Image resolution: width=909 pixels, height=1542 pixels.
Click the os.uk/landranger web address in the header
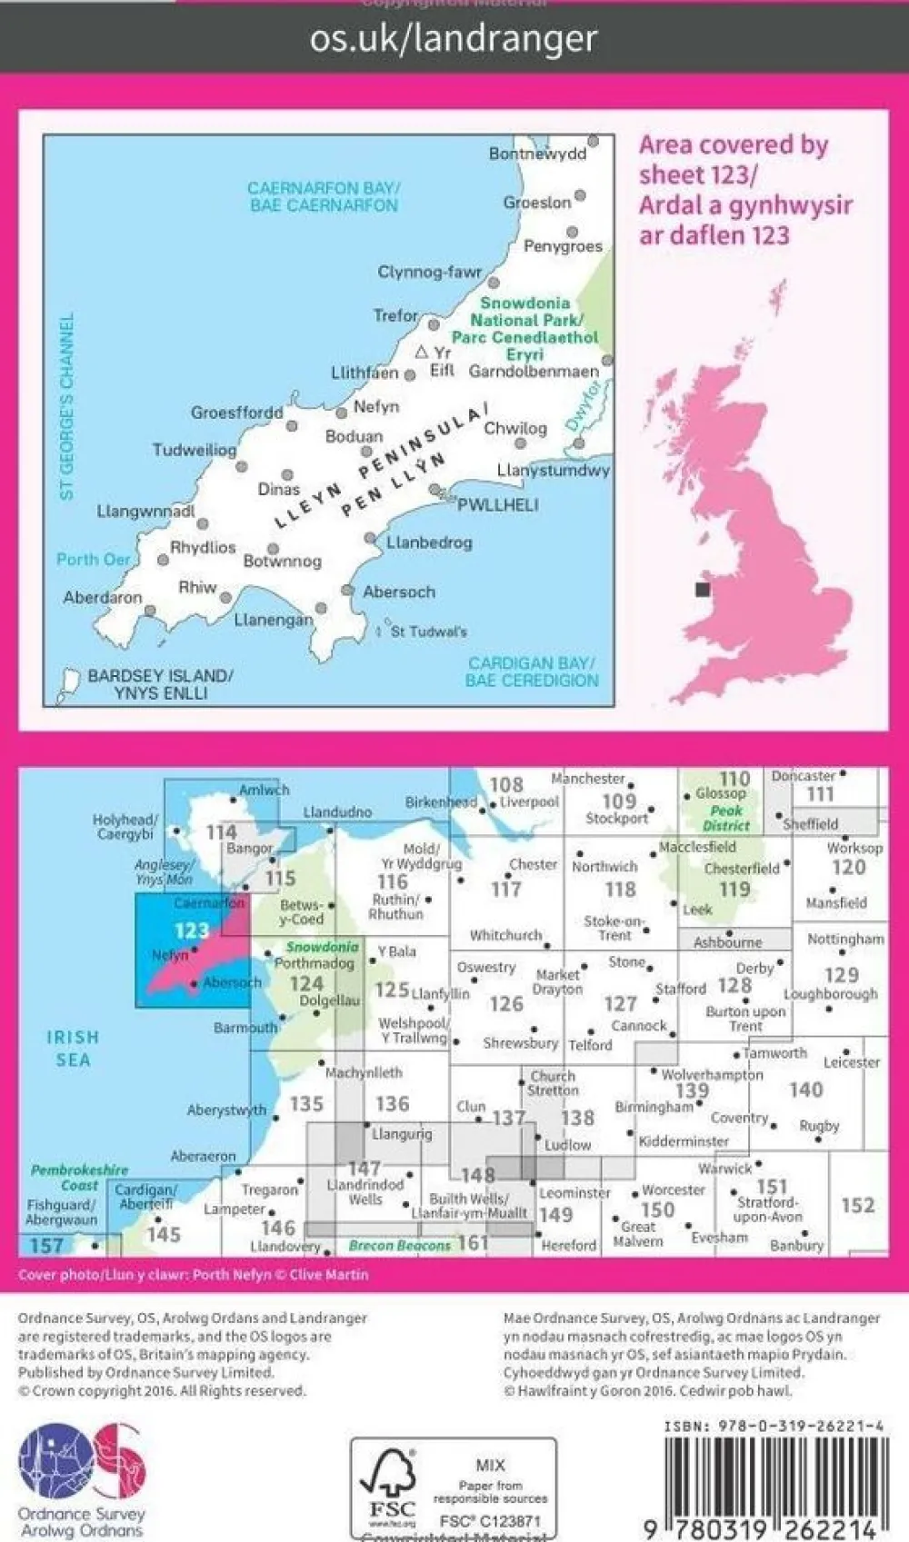click(x=454, y=39)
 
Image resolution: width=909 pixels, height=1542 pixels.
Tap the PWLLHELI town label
click(x=497, y=505)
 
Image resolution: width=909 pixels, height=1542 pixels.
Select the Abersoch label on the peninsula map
click(x=399, y=592)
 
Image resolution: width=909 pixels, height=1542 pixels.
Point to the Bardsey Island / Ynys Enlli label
click(x=160, y=684)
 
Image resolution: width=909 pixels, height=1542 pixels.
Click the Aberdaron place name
click(x=103, y=598)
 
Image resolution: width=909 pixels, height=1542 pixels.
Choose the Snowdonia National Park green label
click(x=525, y=328)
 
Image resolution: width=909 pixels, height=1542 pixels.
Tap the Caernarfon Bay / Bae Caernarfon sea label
click(x=324, y=196)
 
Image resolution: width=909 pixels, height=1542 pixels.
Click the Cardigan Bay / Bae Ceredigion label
click(x=532, y=672)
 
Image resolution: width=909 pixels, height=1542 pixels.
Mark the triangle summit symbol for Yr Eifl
click(x=421, y=352)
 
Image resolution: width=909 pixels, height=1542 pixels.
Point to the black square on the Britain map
click(x=702, y=590)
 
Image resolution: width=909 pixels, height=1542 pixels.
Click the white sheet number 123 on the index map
click(x=191, y=930)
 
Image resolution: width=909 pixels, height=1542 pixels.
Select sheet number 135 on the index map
click(x=306, y=1103)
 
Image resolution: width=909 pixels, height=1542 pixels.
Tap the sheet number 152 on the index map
click(x=857, y=1205)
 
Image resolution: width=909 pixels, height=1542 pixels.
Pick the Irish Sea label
click(x=73, y=1049)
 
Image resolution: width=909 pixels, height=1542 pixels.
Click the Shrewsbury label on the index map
click(x=520, y=1043)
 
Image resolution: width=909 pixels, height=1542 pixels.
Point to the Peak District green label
click(x=726, y=818)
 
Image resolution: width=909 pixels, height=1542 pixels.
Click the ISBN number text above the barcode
click(x=774, y=1427)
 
